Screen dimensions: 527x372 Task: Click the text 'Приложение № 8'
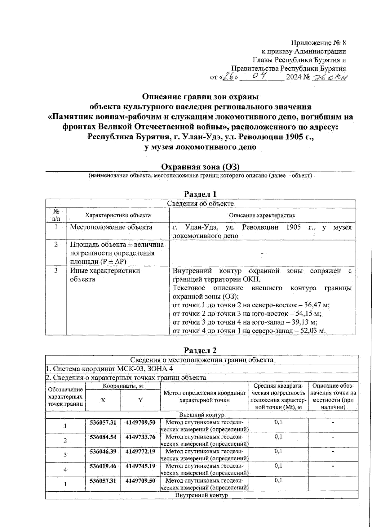[318, 43]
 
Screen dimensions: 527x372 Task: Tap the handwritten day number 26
[229, 76]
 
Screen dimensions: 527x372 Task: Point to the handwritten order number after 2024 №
[330, 77]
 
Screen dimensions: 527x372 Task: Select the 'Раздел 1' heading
[200, 194]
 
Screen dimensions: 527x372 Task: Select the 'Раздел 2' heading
[200, 350]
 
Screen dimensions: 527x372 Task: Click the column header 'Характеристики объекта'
[118, 215]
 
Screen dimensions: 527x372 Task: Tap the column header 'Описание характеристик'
[262, 215]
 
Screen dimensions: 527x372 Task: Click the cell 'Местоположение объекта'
[111, 227]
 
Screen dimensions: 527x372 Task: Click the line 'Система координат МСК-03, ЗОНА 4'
[109, 369]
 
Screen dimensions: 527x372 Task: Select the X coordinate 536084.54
[103, 437]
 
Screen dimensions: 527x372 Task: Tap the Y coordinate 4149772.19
[140, 451]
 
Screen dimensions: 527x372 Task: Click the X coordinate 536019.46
[103, 466]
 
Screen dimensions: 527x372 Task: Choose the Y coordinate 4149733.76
[140, 437]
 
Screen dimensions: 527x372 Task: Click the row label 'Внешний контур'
[201, 415]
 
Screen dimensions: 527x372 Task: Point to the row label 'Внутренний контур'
[201, 495]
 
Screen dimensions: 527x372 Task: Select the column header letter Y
[140, 400]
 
